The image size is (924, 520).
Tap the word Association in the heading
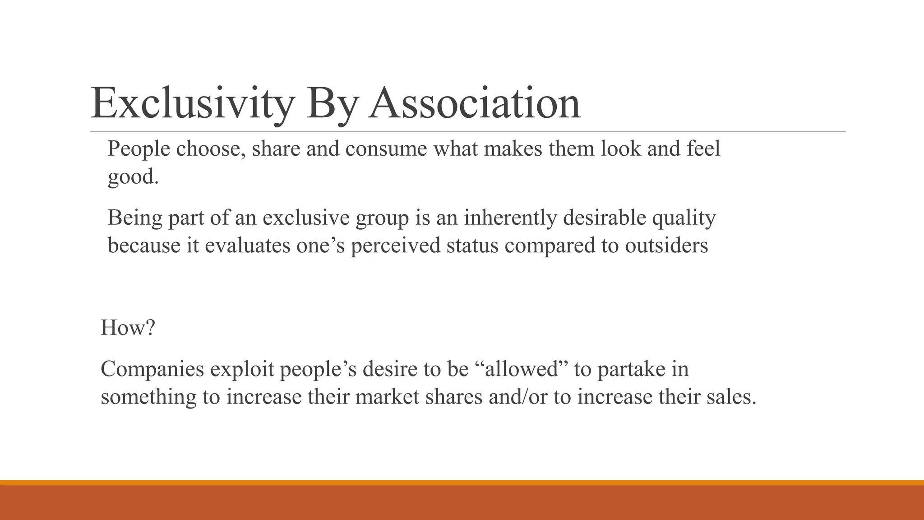pyautogui.click(x=474, y=103)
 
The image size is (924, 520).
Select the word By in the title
pyautogui.click(x=332, y=103)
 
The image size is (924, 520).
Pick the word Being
pyautogui.click(x=135, y=218)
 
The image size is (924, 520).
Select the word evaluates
pyautogui.click(x=248, y=246)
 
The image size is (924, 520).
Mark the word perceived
pyautogui.click(x=395, y=246)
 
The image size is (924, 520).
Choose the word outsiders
pyautogui.click(x=666, y=246)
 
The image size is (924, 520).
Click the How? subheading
pyautogui.click(x=128, y=327)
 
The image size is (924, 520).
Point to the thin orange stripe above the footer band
pyautogui.click(x=462, y=483)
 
